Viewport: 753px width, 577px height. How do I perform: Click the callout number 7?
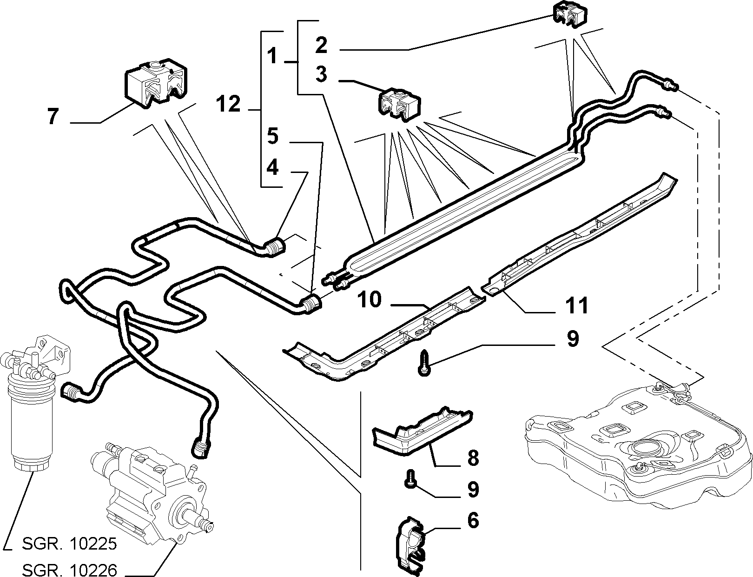(x=53, y=116)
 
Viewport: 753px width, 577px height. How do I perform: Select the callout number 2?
(x=321, y=45)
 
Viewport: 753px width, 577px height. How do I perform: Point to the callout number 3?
(x=321, y=74)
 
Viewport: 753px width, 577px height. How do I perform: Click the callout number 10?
(x=370, y=299)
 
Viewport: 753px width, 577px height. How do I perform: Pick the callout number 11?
(x=577, y=305)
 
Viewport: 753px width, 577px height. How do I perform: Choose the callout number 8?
(x=473, y=458)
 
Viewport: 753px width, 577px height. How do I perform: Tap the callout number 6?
(x=473, y=520)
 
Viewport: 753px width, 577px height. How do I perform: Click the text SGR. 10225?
(x=70, y=544)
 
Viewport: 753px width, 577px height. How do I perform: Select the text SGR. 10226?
(x=70, y=570)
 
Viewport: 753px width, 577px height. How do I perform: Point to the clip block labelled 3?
(x=399, y=104)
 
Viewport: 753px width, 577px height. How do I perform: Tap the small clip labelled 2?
(x=569, y=14)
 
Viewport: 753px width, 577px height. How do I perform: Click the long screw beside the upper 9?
(x=424, y=363)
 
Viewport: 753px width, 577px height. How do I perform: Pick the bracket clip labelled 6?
(x=410, y=547)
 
